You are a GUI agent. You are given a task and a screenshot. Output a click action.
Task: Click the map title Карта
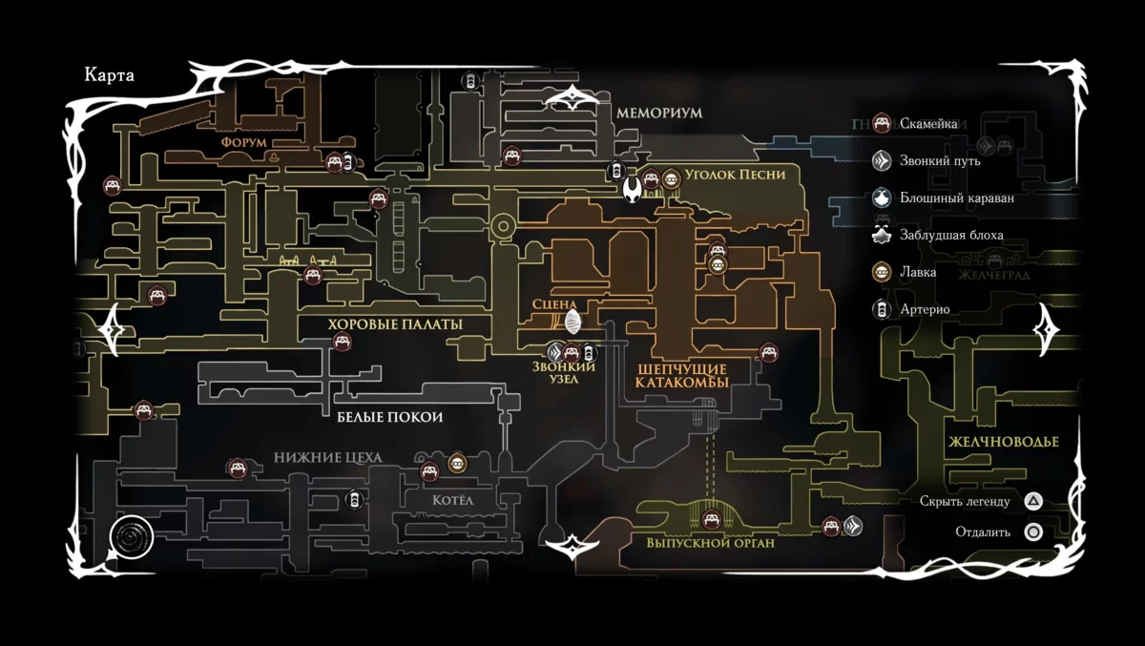click(x=109, y=76)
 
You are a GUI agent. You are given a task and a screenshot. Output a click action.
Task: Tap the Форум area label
click(x=243, y=141)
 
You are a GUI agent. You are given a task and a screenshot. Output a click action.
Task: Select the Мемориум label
click(x=658, y=113)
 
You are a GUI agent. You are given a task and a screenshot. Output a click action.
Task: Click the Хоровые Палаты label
click(x=395, y=324)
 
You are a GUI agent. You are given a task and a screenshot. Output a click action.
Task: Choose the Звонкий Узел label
click(x=564, y=373)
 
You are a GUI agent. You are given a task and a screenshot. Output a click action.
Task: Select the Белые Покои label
click(x=389, y=418)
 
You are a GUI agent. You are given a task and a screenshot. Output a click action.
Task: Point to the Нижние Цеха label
click(x=327, y=458)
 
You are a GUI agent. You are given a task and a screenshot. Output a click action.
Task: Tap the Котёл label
click(x=453, y=501)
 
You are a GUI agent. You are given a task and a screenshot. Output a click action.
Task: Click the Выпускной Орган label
click(x=710, y=543)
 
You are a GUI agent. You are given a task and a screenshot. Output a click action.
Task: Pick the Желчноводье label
click(x=1004, y=443)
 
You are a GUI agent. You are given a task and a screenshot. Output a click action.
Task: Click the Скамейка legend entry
click(x=930, y=123)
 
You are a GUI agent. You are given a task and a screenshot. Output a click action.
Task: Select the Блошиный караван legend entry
click(x=956, y=198)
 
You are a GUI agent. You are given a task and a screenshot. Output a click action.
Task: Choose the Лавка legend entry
click(x=916, y=272)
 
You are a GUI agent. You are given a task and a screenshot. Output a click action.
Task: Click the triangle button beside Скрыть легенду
click(x=1033, y=501)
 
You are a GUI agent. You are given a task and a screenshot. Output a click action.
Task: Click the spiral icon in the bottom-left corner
click(x=132, y=539)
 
